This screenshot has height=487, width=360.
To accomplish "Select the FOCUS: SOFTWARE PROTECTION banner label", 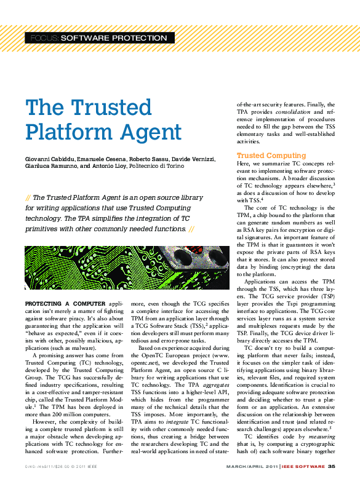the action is pyautogui.click(x=98, y=38).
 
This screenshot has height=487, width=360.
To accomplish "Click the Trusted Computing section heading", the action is pyautogui.click(x=271, y=156).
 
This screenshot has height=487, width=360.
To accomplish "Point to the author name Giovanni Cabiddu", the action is pyautogui.click(x=49, y=159).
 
